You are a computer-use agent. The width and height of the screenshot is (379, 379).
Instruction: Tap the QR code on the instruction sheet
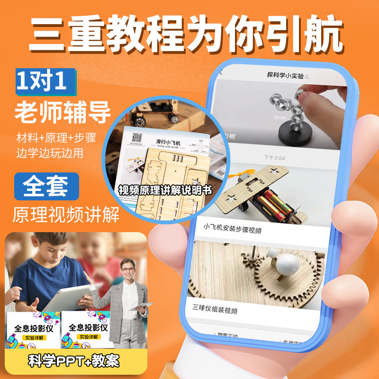137,138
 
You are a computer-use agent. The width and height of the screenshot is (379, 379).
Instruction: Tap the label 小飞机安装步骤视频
233,230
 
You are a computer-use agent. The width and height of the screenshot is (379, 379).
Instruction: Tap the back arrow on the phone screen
221,73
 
